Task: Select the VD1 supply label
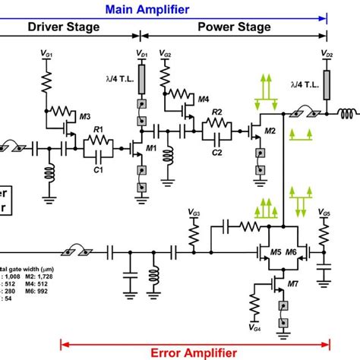(142, 54)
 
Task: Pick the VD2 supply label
(327, 55)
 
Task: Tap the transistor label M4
(203, 99)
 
